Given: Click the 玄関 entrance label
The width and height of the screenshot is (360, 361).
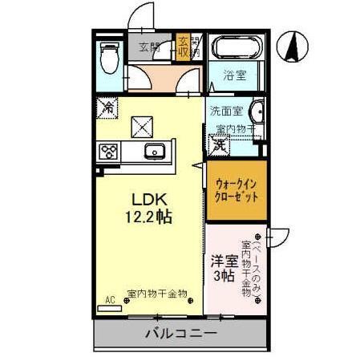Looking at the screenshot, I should click(149, 47).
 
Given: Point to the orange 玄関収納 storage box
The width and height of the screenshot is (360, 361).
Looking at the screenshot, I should click(184, 47).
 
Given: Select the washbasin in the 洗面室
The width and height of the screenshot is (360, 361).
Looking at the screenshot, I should click(256, 112).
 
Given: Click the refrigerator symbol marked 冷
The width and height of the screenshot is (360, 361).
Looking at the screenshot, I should click(107, 105).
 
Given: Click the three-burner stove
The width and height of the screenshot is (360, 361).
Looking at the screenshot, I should click(108, 151).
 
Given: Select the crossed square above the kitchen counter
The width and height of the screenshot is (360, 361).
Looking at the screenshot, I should click(143, 124).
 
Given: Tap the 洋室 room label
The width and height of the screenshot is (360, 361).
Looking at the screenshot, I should click(223, 261).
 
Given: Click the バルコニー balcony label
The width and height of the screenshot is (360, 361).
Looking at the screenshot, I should click(180, 333).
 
